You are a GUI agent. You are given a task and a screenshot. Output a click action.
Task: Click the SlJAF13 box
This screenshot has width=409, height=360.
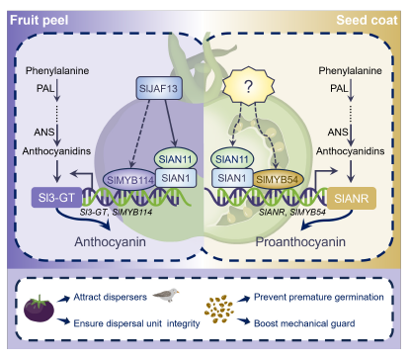[x=159, y=88]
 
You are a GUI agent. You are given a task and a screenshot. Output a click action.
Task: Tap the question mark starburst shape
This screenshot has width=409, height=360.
[x=249, y=86]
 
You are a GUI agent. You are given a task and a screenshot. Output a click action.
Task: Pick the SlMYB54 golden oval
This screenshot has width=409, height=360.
[x=278, y=180]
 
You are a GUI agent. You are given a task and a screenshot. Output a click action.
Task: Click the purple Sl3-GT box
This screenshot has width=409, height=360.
[x=56, y=198]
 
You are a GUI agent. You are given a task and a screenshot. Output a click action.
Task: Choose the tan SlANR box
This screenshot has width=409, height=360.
[x=352, y=198]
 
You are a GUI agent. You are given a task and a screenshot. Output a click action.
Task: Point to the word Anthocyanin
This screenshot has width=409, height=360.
[x=110, y=242]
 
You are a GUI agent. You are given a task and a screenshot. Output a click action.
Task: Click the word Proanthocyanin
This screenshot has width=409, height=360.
[x=300, y=242]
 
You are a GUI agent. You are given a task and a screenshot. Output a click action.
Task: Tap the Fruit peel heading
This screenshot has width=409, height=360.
[x=40, y=20]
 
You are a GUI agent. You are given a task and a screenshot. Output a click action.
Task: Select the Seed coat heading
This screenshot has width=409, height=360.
[x=367, y=20]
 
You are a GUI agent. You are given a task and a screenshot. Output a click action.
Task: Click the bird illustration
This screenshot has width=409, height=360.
[x=166, y=295]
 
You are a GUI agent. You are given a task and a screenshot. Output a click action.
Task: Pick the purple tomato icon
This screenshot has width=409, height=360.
[x=39, y=308]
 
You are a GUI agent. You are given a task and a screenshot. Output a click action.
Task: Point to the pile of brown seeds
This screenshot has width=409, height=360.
[x=219, y=309]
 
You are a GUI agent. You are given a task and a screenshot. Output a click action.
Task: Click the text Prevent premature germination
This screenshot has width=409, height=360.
[x=319, y=297]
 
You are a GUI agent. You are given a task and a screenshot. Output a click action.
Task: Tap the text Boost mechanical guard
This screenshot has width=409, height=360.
[x=304, y=323]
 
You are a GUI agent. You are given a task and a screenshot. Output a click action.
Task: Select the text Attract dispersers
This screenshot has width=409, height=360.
[x=110, y=297]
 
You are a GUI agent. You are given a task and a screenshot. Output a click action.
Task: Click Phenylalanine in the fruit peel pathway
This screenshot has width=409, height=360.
[x=57, y=70]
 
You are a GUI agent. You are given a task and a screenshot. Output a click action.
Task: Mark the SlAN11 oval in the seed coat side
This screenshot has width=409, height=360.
[x=232, y=159]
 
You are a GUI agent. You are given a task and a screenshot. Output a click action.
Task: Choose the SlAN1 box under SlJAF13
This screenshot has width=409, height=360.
[x=176, y=178]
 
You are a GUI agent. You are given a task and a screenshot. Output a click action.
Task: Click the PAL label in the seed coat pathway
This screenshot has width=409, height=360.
[x=339, y=88]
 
